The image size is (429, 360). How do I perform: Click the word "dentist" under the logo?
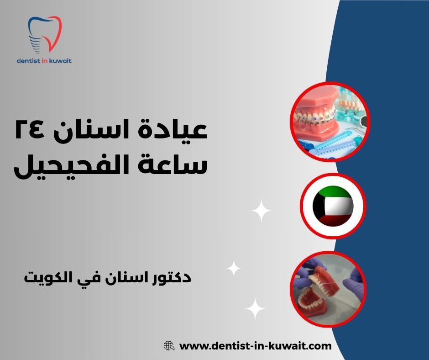tap(30, 60)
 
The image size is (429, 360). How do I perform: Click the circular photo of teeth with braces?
tap(330, 122)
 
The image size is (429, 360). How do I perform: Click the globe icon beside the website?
tap(169, 346)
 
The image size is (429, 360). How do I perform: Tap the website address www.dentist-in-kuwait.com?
tap(256, 346)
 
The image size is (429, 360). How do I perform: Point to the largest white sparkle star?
tap(262, 211)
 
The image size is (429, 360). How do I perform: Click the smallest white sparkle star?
tap(234, 268)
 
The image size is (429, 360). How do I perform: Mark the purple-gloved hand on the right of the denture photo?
tap(354, 283)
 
